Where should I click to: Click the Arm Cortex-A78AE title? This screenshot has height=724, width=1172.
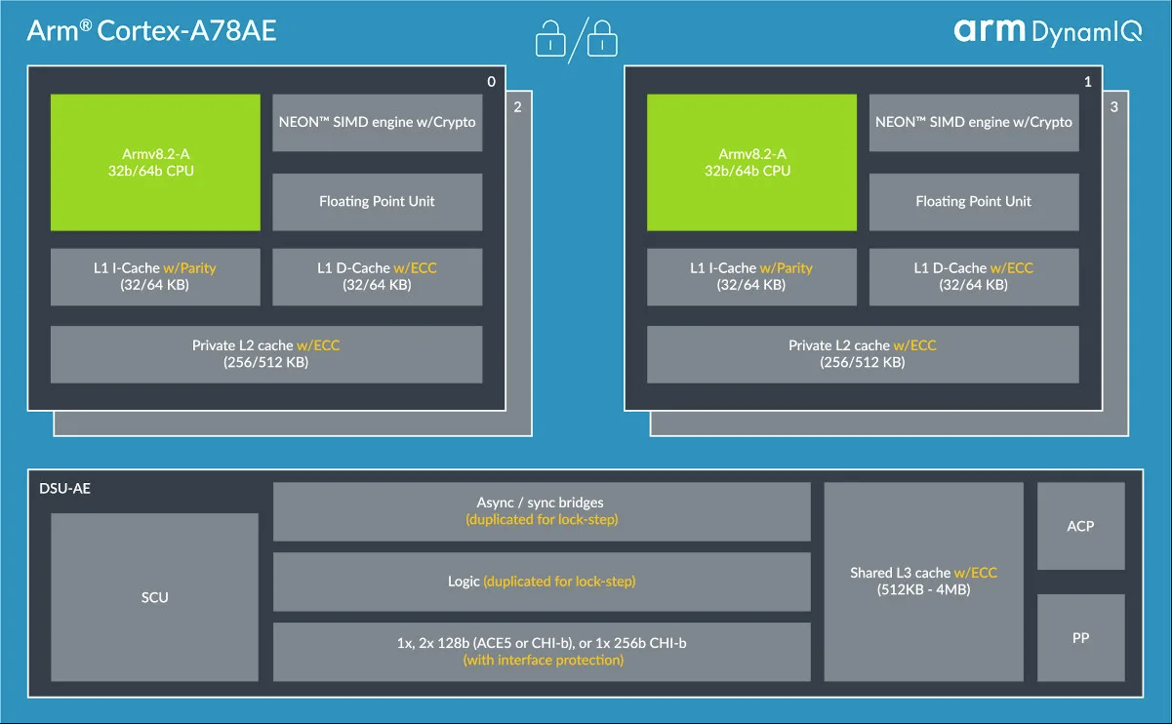pyautogui.click(x=151, y=30)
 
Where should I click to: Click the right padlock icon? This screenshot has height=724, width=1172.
pyautogui.click(x=603, y=38)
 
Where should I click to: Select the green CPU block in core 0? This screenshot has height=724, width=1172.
pyautogui.click(x=155, y=162)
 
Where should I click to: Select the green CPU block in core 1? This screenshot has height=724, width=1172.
pyautogui.click(x=751, y=162)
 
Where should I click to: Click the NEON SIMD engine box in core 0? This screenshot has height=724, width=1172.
pyautogui.click(x=377, y=122)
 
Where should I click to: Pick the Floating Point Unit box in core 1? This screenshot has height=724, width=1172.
pyautogui.click(x=973, y=202)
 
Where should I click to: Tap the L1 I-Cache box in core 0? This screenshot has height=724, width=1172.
pyautogui.click(x=155, y=276)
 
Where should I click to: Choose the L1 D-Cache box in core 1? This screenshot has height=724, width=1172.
pyautogui.click(x=973, y=276)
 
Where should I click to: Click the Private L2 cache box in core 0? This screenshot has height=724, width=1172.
pyautogui.click(x=265, y=353)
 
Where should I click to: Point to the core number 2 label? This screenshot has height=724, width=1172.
pyautogui.click(x=517, y=107)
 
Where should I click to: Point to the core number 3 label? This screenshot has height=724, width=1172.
pyautogui.click(x=1114, y=107)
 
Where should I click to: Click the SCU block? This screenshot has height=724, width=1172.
pyautogui.click(x=154, y=596)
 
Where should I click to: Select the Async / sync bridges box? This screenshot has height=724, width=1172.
pyautogui.click(x=542, y=511)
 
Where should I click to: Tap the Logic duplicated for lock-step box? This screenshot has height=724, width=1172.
pyautogui.click(x=542, y=582)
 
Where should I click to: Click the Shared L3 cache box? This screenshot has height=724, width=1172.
pyautogui.click(x=923, y=581)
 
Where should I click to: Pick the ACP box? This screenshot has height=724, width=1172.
pyautogui.click(x=1080, y=526)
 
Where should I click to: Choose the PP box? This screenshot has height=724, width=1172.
pyautogui.click(x=1080, y=637)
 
